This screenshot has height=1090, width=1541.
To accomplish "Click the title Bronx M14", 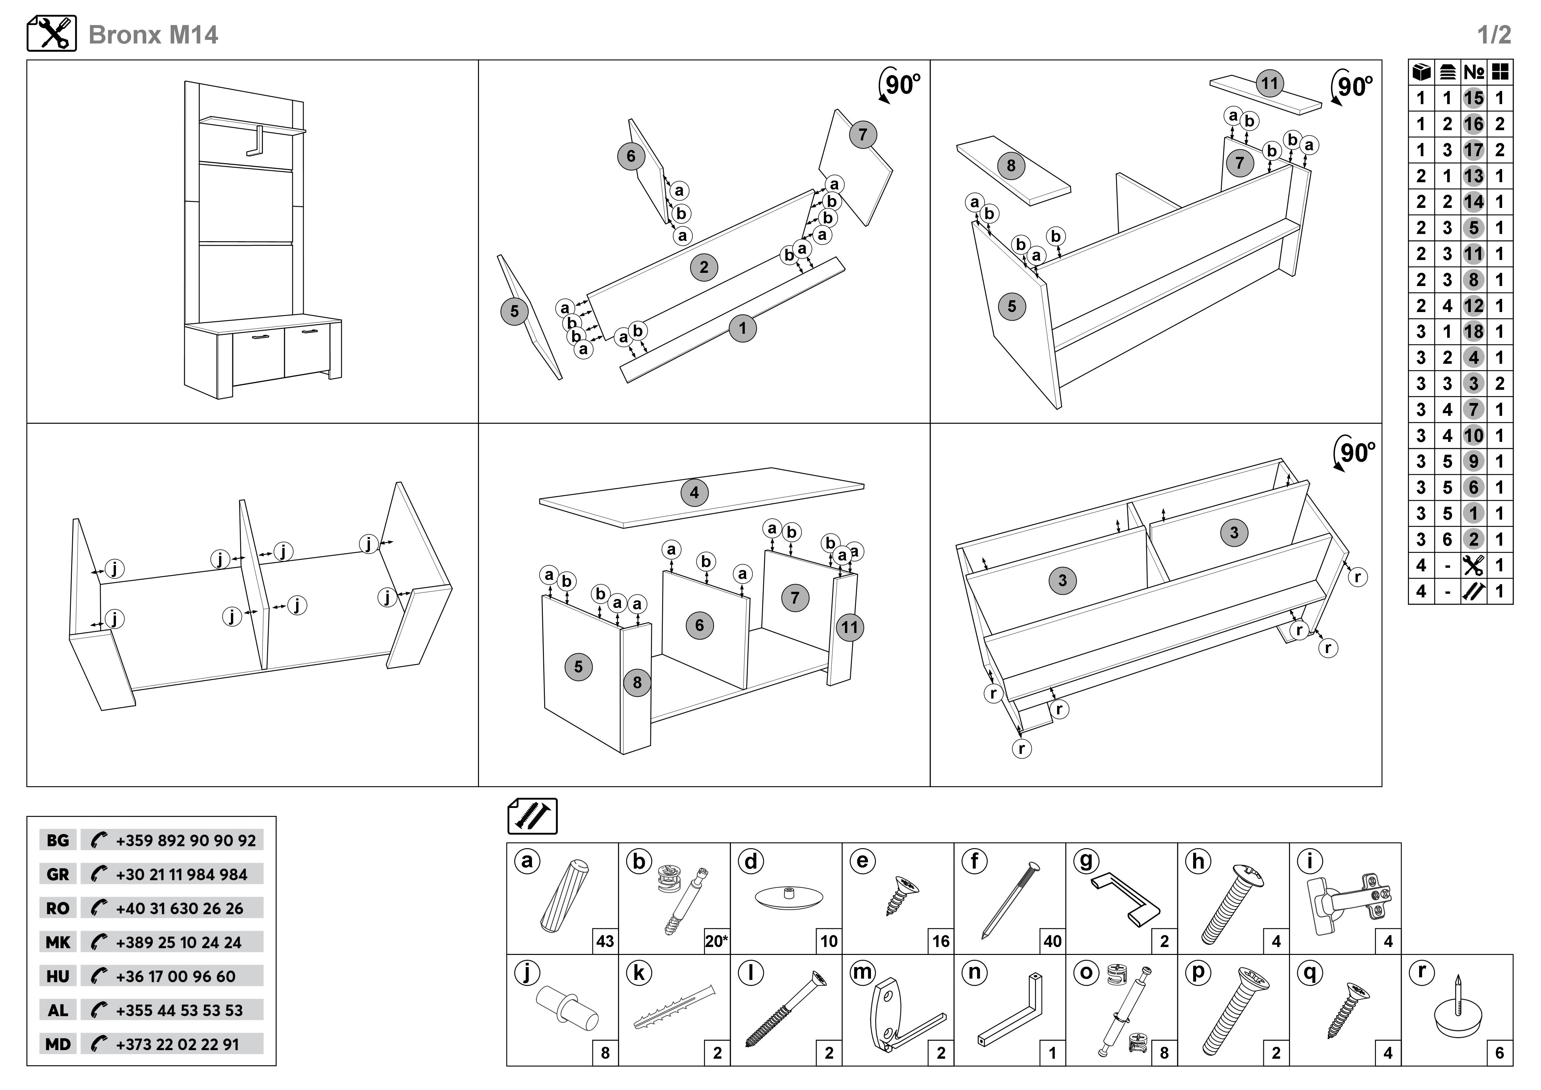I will point(153,35).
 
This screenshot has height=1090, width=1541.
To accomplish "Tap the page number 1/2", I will point(1494,35).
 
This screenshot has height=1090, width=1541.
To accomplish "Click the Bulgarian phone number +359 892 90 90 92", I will point(185,840).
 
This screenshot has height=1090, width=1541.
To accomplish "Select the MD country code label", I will point(58,1044).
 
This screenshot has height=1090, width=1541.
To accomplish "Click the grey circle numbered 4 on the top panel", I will point(694,493).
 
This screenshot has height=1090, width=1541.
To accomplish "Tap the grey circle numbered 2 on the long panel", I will point(703,267).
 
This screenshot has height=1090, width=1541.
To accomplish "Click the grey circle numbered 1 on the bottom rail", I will point(742,328).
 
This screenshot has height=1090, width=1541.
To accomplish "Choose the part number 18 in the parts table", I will point(1474,331).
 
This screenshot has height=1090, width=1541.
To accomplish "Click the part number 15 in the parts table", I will point(1474,98).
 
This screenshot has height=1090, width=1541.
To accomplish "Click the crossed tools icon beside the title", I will point(52,34).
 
